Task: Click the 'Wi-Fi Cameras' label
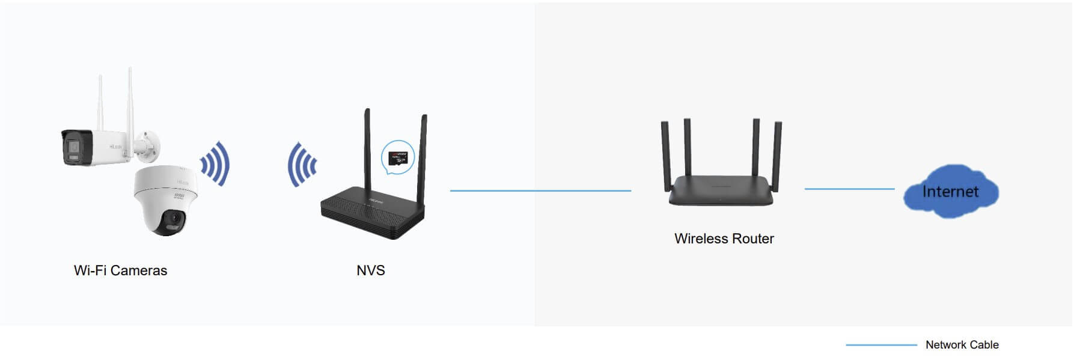click(120, 270)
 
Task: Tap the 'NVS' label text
click(370, 270)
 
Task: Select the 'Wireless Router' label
click(724, 239)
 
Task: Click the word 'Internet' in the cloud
click(950, 192)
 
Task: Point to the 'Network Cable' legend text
click(962, 345)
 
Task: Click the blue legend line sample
click(880, 345)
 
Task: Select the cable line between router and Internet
click(849, 189)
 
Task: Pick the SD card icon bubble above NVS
click(397, 157)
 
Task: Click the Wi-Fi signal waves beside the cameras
click(215, 163)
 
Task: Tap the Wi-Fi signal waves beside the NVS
click(302, 164)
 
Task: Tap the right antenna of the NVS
click(423, 156)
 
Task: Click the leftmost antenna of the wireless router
click(665, 153)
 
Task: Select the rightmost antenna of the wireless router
click(777, 153)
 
